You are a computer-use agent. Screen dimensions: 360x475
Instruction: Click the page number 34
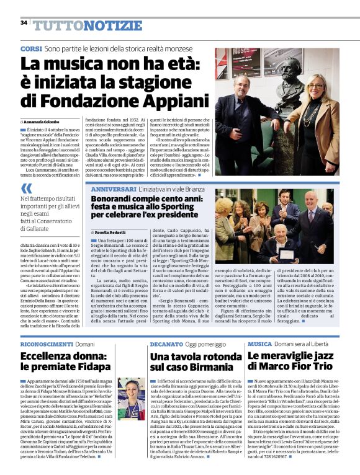[x=24, y=22]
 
